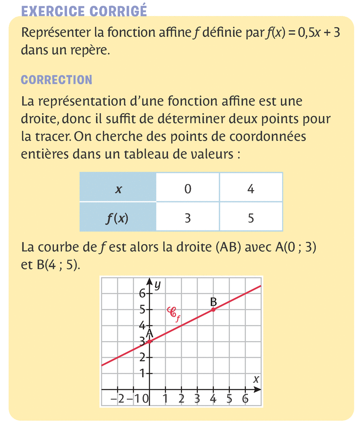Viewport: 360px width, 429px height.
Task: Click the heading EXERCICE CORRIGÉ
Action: click(84, 11)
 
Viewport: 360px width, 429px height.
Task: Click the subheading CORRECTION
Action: click(56, 80)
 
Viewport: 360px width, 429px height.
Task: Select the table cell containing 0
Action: click(188, 189)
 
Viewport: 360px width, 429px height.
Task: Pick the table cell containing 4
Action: click(251, 189)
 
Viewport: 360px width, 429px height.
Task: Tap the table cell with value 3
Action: click(188, 218)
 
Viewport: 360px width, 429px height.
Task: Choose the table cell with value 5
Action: click(251, 218)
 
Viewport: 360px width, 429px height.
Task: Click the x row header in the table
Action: click(118, 189)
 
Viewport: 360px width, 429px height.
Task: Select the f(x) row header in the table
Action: click(118, 218)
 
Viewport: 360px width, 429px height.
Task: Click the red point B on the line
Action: click(213, 309)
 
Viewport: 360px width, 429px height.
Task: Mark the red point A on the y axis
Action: click(149, 342)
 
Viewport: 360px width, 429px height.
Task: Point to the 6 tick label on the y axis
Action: click(142, 294)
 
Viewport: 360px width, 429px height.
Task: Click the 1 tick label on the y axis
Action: click(142, 373)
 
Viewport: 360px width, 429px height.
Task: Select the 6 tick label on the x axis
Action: click(245, 398)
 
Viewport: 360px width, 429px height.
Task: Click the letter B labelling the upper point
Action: click(213, 301)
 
